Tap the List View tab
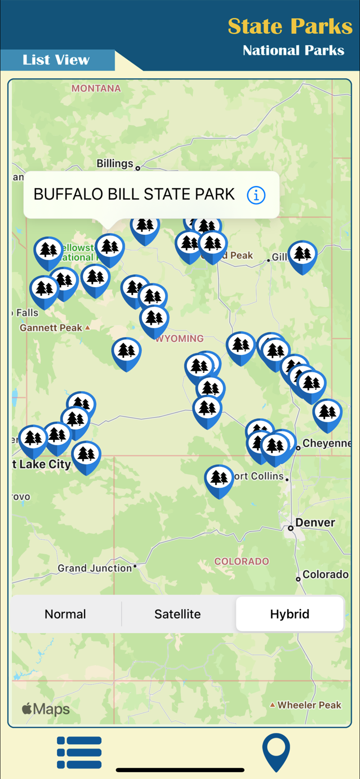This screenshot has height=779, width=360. coord(56,60)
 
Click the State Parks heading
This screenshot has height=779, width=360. coord(290,26)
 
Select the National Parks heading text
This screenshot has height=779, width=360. coord(294,50)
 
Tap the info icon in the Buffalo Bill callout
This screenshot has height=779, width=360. coord(256,195)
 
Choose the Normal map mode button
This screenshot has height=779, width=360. coord(65,614)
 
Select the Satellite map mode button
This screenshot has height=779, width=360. coord(178,614)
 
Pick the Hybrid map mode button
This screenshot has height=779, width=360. coord(289,614)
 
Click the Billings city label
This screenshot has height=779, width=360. coord(115,164)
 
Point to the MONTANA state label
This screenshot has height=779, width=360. coord(96,88)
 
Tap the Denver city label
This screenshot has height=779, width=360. coord(315,522)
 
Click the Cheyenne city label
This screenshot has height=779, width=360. coord(326,444)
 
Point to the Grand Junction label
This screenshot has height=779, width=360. coord(95,568)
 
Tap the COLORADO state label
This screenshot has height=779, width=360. coord(242,561)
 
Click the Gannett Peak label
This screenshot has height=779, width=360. coord(51,328)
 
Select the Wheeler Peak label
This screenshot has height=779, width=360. coord(310,705)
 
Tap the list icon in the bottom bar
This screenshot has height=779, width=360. coord(79,752)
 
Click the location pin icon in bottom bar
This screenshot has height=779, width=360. coord(276,752)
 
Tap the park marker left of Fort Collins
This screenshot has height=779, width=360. coord(219,478)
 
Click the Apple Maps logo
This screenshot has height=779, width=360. coord(46,709)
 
